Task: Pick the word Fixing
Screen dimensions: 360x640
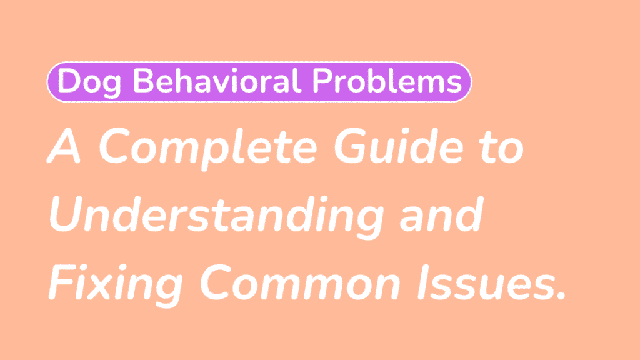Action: [118, 284]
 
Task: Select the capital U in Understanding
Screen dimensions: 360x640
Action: [66, 216]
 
